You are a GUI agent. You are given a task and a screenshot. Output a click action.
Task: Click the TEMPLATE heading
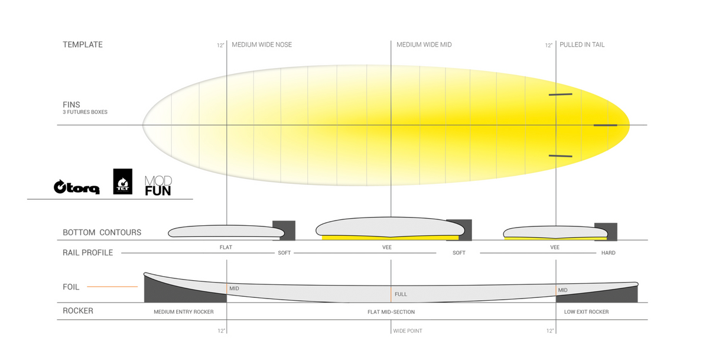pos(83,45)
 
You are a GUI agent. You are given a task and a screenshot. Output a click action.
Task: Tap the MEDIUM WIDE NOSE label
pos(262,45)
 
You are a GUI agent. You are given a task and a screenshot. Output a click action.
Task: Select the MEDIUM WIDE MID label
pos(424,45)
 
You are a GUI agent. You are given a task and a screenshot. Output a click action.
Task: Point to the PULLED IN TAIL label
pos(582,45)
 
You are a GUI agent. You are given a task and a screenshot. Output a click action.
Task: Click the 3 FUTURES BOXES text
pos(85,112)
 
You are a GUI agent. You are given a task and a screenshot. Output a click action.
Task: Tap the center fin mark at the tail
pos(605,125)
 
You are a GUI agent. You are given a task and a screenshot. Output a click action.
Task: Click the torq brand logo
pos(77,187)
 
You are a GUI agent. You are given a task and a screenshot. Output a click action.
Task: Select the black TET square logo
pos(123,181)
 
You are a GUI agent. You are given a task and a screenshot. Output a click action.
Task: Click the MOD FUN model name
pos(158,186)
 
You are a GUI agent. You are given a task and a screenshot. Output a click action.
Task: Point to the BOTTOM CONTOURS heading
pos(102,232)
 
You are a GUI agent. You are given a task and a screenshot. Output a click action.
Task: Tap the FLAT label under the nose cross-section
pos(226,247)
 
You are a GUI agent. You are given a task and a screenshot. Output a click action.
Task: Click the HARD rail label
pos(609,252)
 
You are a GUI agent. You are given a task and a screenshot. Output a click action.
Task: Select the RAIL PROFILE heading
pos(87,252)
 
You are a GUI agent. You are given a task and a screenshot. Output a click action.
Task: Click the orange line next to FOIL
pos(112,287)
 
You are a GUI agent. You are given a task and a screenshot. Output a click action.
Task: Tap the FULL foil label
pos(401,294)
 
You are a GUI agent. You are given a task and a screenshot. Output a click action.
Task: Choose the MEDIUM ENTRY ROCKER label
pos(184,312)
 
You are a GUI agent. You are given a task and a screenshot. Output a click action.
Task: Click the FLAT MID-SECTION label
pos(391,312)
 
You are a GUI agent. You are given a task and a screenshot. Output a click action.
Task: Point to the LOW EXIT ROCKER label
pos(586,312)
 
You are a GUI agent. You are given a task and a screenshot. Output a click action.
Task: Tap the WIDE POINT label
pos(408,331)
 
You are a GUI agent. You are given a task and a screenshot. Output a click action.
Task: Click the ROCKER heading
pos(78,310)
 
